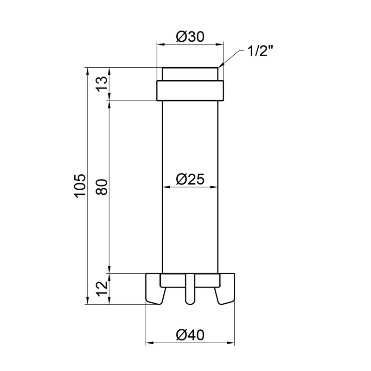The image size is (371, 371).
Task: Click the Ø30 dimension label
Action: [190, 37]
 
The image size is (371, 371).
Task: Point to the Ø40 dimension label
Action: [190, 335]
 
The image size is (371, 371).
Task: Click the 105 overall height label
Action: [80, 185]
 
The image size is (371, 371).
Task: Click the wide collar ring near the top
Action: [190, 90]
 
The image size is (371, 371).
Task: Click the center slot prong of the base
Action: [190, 290]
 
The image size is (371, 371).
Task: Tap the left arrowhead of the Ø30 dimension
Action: [160, 45]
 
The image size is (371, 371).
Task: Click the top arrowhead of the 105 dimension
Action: [87, 70]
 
